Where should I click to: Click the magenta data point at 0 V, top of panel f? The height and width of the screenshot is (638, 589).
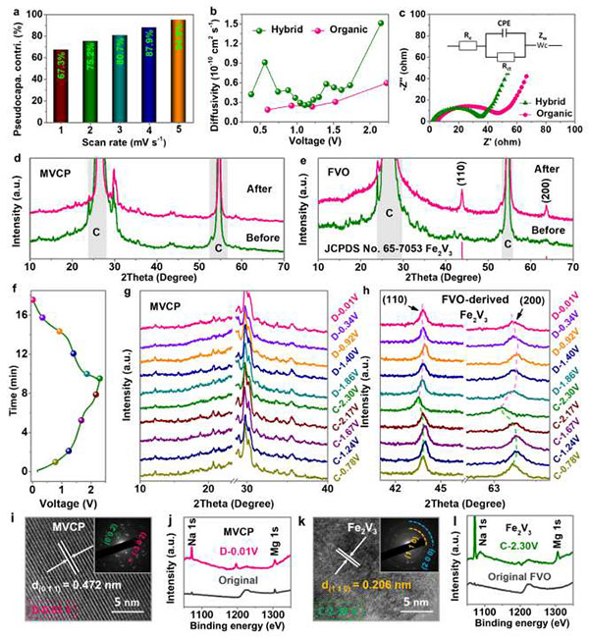tap(32, 299)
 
